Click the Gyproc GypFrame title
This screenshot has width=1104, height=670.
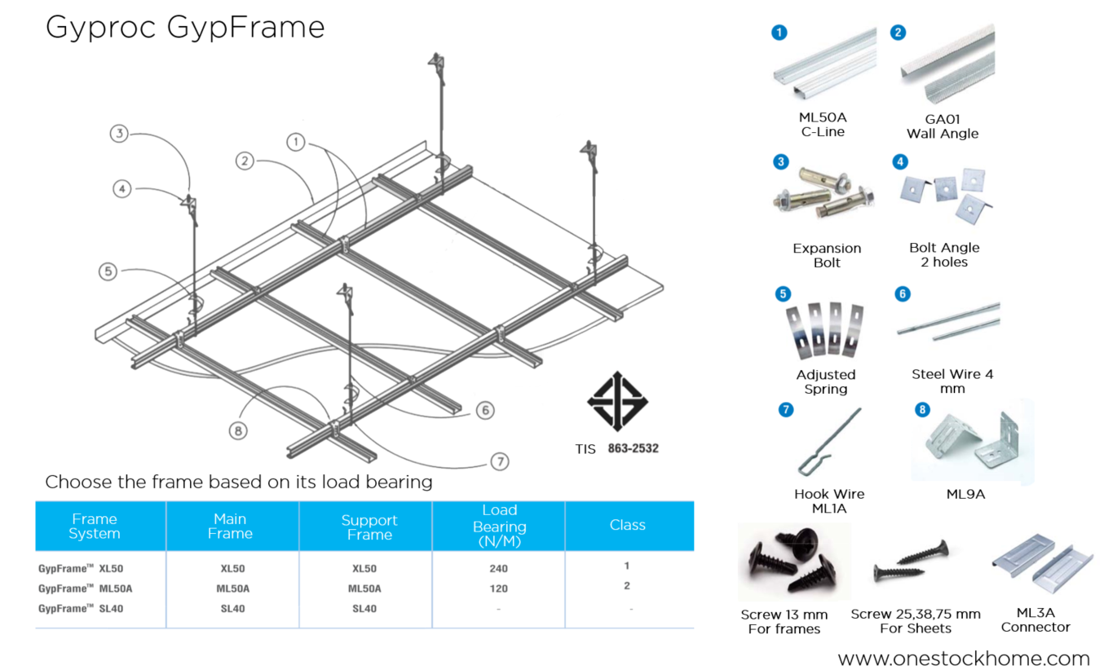coord(185,28)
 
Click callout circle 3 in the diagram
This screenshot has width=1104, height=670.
coord(120,133)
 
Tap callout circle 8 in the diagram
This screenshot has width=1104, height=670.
coord(238,430)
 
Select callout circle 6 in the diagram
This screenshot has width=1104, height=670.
coord(485,410)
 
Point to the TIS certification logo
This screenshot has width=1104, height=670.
coord(617,401)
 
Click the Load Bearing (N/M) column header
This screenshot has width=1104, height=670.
coord(499,525)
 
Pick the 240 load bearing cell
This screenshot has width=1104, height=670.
coord(499,569)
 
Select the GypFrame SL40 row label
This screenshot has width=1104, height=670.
coord(81,609)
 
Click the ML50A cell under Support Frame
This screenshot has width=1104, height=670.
coord(364,588)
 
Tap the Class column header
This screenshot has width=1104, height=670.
coord(627,526)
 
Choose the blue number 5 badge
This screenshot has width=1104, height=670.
coord(783,293)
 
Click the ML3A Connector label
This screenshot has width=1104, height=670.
coord(1036,620)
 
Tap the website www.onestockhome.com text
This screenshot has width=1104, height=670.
coord(964,659)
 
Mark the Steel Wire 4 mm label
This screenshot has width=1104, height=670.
coord(952,381)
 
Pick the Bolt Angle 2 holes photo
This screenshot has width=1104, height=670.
coord(944,196)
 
